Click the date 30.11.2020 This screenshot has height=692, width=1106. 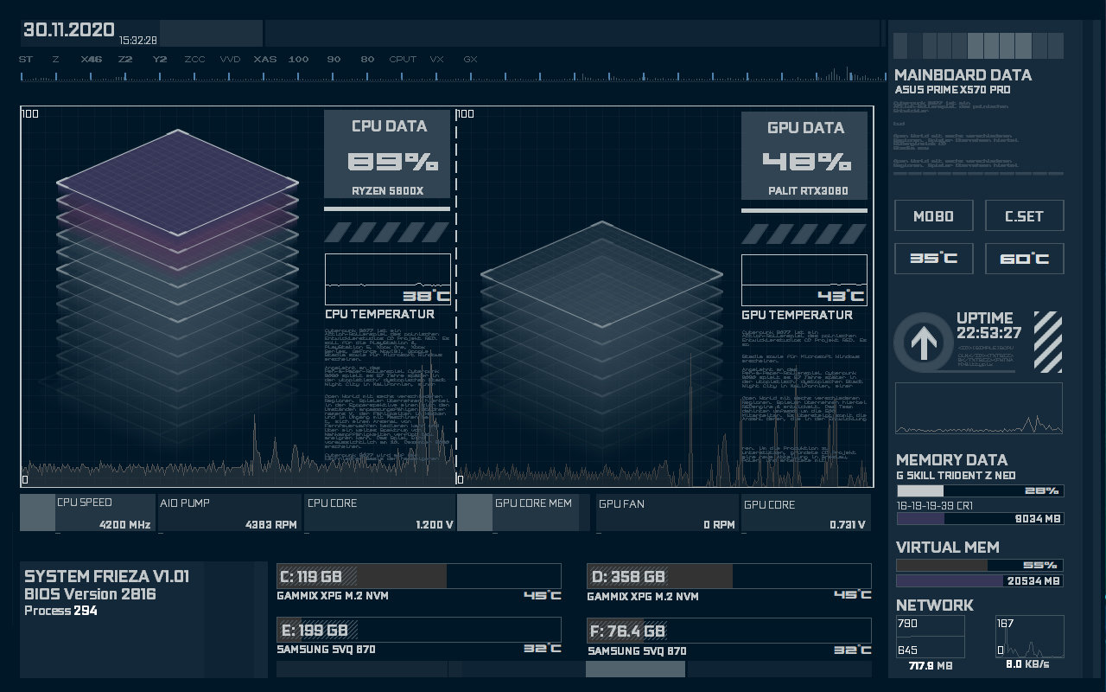pyautogui.click(x=68, y=30)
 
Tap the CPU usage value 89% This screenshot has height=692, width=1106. pyautogui.click(x=392, y=162)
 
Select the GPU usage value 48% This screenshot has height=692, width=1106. pyautogui.click(x=806, y=162)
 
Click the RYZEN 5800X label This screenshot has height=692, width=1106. pyautogui.click(x=387, y=191)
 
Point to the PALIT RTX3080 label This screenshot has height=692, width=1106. pyautogui.click(x=807, y=191)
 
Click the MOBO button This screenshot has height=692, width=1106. pyautogui.click(x=933, y=216)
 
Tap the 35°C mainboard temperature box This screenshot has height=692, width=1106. pyautogui.click(x=933, y=259)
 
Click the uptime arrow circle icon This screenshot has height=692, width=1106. pyautogui.click(x=923, y=343)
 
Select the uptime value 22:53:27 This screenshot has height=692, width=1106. pyautogui.click(x=988, y=333)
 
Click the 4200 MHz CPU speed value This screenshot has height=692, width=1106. pyautogui.click(x=124, y=524)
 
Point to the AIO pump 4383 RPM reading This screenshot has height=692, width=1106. pyautogui.click(x=270, y=524)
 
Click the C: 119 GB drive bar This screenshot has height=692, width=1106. pyautogui.click(x=418, y=576)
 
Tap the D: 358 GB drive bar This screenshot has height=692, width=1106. pyautogui.click(x=728, y=576)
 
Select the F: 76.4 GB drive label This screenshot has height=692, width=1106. pyautogui.click(x=627, y=630)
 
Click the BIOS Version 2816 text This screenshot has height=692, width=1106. pyautogui.click(x=90, y=594)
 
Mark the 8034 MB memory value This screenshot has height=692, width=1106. pyautogui.click(x=1033, y=519)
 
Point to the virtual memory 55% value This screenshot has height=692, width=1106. pyautogui.click(x=1040, y=565)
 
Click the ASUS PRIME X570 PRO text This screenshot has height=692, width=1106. pyautogui.click(x=952, y=90)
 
